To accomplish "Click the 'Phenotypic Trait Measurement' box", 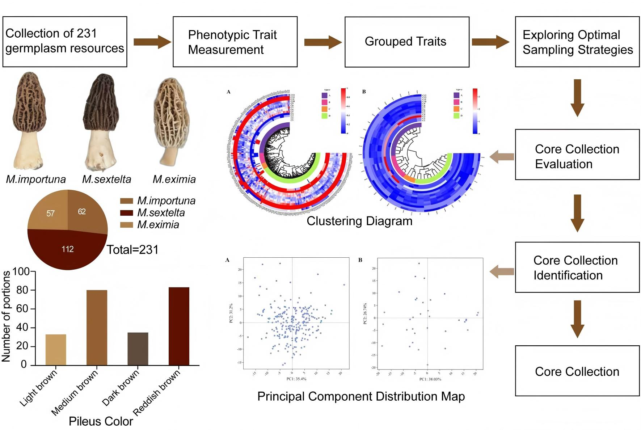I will [x=235, y=42].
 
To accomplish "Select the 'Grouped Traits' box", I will [x=406, y=42].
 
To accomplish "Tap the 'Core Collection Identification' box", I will [x=577, y=267].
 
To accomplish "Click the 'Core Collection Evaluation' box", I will [x=577, y=155].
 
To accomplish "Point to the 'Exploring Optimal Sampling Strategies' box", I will [x=577, y=42].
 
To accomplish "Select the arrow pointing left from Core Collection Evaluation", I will [x=502, y=156].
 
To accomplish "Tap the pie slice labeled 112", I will [x=68, y=250].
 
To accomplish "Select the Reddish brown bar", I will [x=179, y=326].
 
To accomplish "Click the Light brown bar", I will [x=56, y=349].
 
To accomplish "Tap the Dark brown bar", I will [x=138, y=348].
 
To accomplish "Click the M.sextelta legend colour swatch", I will [x=126, y=213].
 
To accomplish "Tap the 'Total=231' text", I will [x=132, y=249].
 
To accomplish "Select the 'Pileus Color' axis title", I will [x=101, y=421].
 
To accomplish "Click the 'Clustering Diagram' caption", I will [x=359, y=221].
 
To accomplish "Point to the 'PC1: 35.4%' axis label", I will [x=296, y=379].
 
